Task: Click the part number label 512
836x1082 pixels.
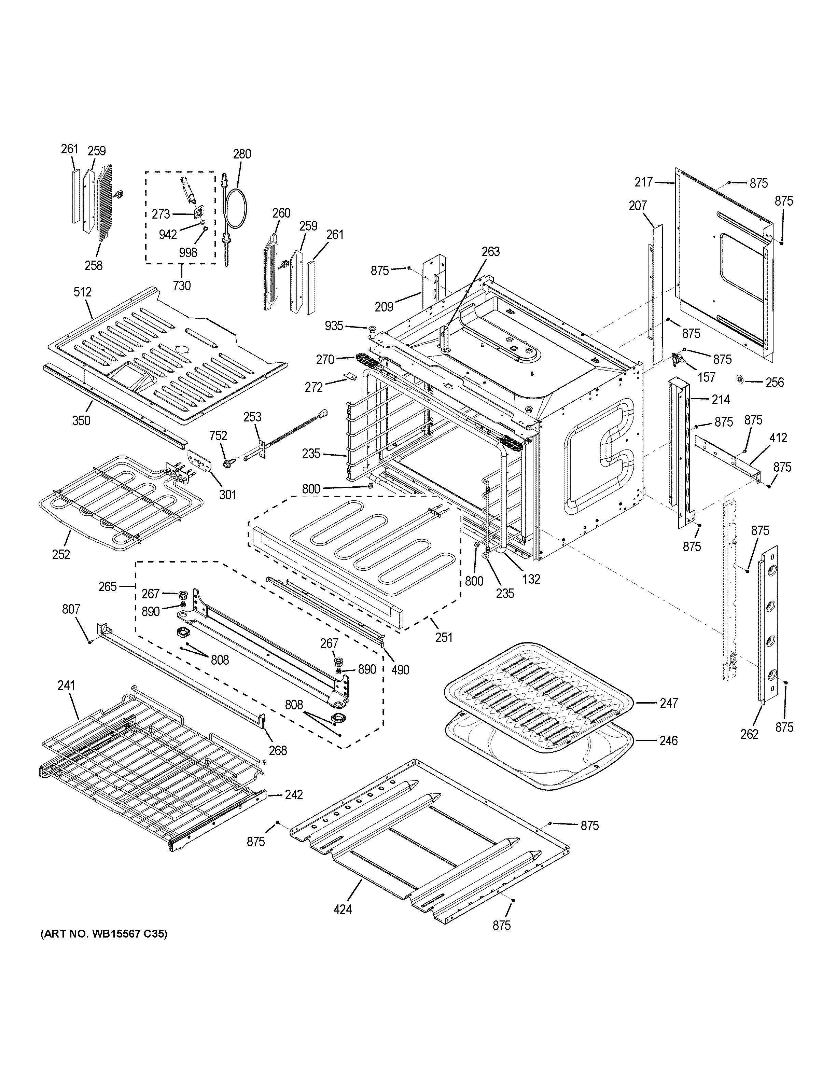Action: tap(83, 292)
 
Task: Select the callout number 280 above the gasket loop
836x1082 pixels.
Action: tap(242, 154)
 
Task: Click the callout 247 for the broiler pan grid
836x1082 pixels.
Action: tap(669, 703)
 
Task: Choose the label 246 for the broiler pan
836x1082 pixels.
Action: tap(669, 741)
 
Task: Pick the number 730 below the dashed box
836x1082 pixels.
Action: tap(182, 286)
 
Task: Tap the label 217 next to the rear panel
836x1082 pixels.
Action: tap(644, 182)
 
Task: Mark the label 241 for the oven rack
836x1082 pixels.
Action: tap(66, 686)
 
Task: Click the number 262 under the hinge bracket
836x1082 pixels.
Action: tap(749, 734)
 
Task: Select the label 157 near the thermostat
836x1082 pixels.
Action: tap(706, 377)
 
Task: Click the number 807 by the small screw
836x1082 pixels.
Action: tap(71, 609)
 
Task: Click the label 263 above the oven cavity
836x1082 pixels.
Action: tap(491, 252)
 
